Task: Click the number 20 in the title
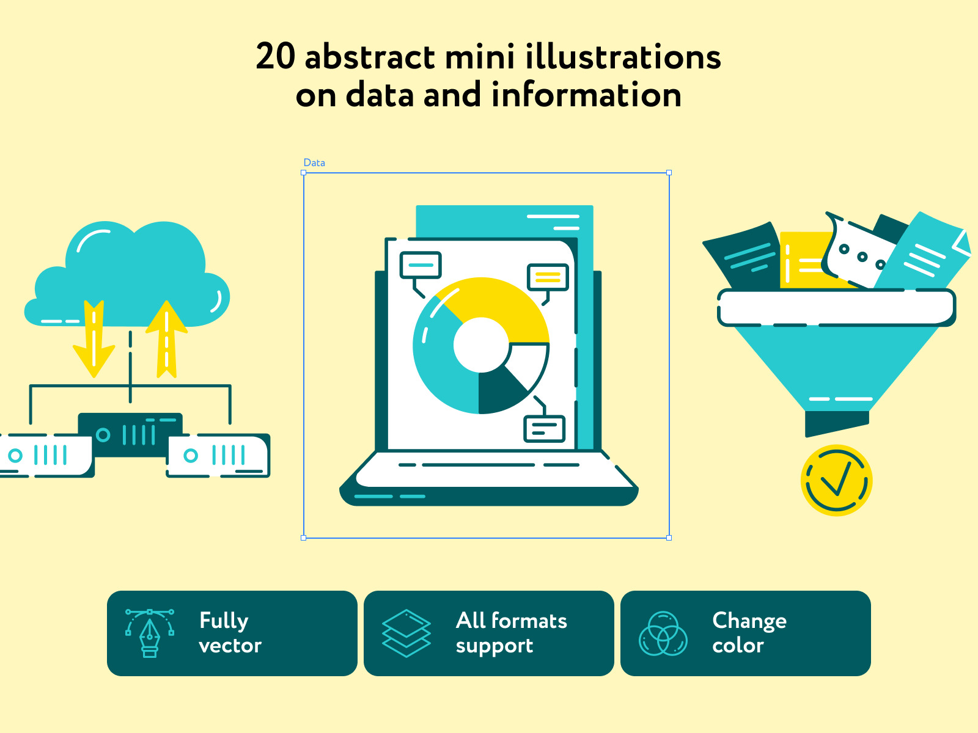(x=275, y=57)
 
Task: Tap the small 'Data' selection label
(x=314, y=163)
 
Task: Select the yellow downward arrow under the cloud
(x=94, y=338)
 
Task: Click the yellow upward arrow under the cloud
(x=167, y=339)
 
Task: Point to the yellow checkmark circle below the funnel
(x=836, y=481)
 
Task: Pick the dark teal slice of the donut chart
(x=499, y=392)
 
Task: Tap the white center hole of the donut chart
(x=481, y=345)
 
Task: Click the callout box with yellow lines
(x=548, y=277)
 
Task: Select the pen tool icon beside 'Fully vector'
(x=150, y=633)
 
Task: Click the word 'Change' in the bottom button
(x=749, y=621)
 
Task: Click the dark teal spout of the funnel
(x=837, y=423)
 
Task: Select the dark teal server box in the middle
(x=130, y=434)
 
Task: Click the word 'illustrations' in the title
(x=623, y=57)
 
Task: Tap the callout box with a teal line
(x=421, y=265)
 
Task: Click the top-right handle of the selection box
(x=669, y=173)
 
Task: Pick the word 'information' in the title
(x=586, y=95)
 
